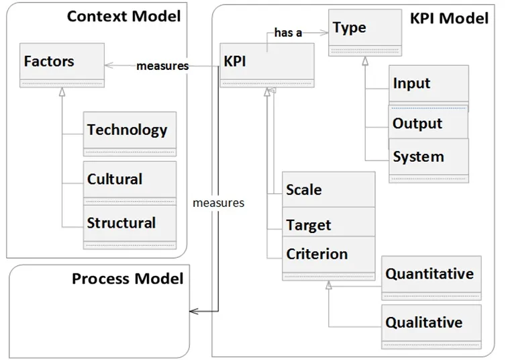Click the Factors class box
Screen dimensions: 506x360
click(x=62, y=65)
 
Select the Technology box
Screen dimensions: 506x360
click(x=130, y=134)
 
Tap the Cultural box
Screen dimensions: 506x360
click(x=130, y=183)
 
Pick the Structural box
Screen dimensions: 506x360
click(x=130, y=227)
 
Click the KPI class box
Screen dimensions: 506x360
click(x=267, y=65)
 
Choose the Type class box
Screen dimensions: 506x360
click(x=365, y=33)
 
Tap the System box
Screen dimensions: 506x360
click(x=429, y=161)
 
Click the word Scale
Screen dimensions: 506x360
click(x=303, y=190)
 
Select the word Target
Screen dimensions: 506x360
click(x=309, y=225)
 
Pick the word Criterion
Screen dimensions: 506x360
click(x=317, y=254)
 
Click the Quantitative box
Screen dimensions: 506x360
click(x=431, y=278)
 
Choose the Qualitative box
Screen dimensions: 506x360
click(x=431, y=326)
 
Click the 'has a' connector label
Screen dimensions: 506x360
click(x=288, y=33)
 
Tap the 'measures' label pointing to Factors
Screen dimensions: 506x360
click(x=162, y=66)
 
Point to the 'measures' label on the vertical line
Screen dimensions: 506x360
click(x=219, y=203)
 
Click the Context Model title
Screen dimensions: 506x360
click(x=123, y=16)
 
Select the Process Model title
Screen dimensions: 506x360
click(x=128, y=278)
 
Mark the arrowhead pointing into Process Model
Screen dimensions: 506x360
click(x=194, y=311)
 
